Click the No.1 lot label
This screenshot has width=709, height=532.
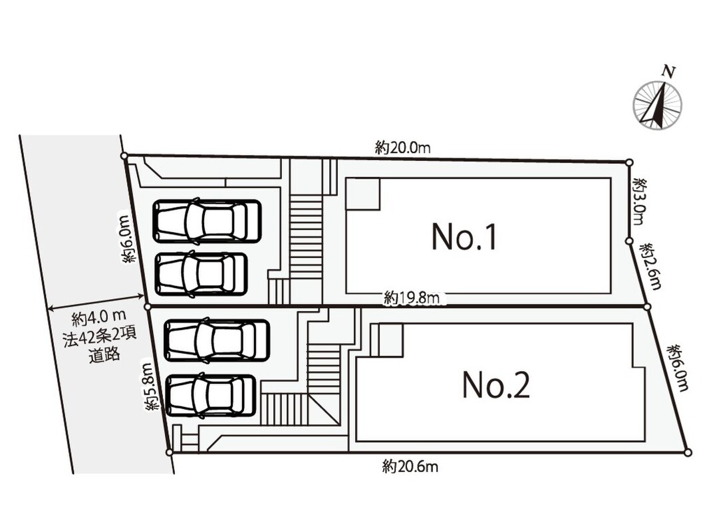pos(464,237)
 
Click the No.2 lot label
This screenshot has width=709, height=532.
pos(496,385)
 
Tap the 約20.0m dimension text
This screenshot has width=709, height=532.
pos(402,148)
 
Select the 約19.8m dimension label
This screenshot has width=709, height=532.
pos(412,298)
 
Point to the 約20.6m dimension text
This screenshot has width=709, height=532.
pos(410,465)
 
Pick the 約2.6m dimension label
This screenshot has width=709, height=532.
pos(651,266)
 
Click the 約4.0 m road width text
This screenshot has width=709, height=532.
pos(100,319)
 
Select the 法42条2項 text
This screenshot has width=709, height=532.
pos(100,338)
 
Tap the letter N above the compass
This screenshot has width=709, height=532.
pos(668,71)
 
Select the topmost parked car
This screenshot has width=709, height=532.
pos(207,221)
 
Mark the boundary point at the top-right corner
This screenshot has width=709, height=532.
pos(629,162)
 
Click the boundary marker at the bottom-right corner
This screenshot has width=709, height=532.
pos(688,452)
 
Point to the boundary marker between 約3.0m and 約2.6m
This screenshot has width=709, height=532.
pos(629,241)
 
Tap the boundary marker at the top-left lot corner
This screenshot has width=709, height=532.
pos(124,156)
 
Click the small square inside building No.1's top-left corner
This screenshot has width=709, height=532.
pos(362,194)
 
